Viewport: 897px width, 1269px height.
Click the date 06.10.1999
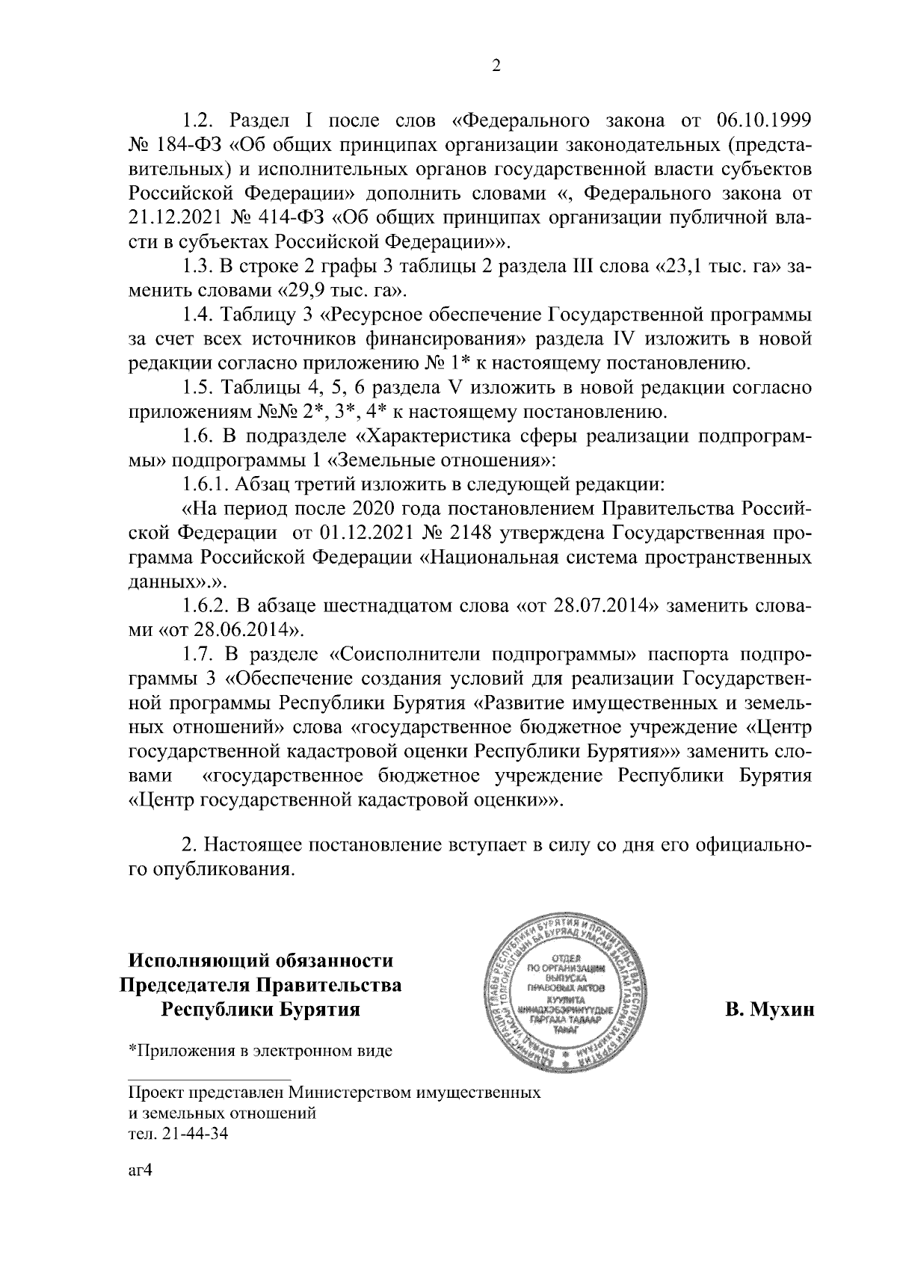(x=764, y=120)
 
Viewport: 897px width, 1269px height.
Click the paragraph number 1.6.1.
(x=206, y=484)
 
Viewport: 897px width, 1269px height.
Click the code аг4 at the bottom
(x=141, y=1170)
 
